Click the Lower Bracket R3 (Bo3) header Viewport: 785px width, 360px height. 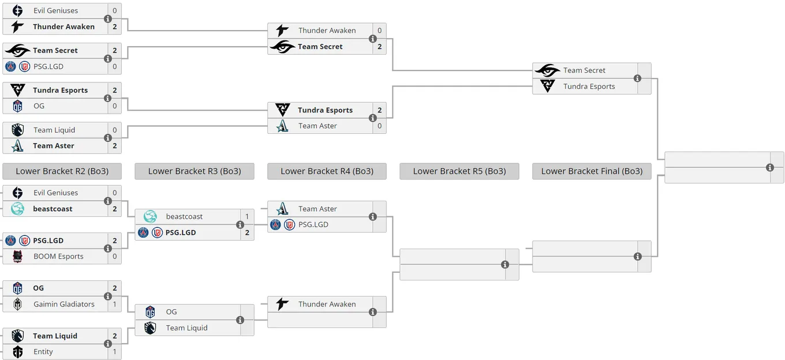(195, 171)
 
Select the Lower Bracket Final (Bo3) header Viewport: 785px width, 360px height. (592, 171)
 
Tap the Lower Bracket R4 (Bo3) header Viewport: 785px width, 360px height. (327, 171)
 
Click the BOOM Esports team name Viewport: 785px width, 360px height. (58, 256)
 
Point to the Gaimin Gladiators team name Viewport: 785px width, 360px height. (64, 304)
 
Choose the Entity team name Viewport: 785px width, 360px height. (43, 351)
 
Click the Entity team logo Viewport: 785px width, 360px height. (17, 351)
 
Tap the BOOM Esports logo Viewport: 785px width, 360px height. (17, 256)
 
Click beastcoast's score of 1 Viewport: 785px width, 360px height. (247, 216)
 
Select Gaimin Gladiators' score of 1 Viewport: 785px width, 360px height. (115, 304)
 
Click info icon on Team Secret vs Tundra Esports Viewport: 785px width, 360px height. (637, 78)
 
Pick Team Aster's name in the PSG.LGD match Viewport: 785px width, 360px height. (317, 209)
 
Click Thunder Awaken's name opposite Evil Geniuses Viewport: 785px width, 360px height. (63, 27)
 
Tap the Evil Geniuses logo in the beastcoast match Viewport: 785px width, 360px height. (17, 193)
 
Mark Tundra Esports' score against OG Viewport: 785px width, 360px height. (115, 90)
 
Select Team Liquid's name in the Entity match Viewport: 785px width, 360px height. (55, 336)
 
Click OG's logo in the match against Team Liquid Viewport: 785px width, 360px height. (150, 312)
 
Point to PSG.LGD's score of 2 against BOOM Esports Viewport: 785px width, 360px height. (115, 241)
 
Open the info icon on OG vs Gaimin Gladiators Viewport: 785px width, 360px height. (108, 297)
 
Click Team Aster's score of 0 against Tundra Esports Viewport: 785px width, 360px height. (380, 126)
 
